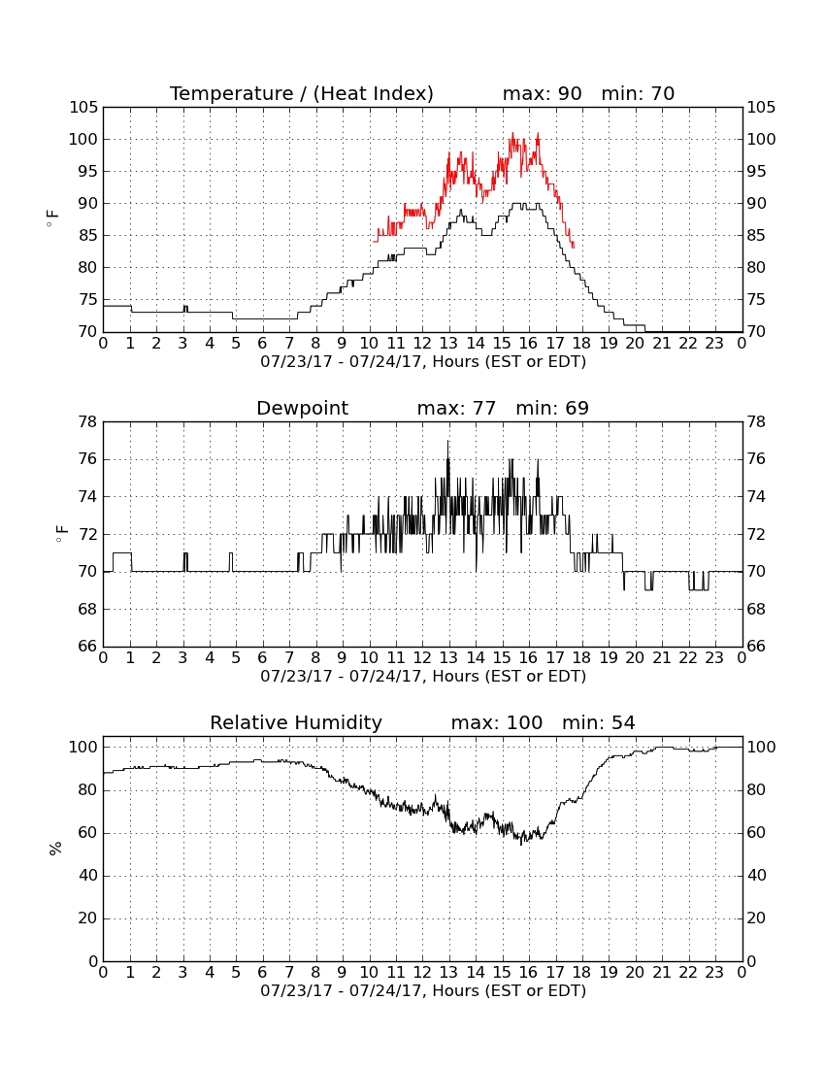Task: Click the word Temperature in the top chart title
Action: pos(231,94)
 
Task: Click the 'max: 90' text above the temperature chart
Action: pos(542,93)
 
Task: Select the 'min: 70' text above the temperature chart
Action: pos(638,93)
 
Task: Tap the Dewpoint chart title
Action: pos(302,409)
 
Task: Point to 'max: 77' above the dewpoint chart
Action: pos(456,409)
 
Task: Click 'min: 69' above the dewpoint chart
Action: pos(552,409)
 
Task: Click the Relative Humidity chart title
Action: pos(296,723)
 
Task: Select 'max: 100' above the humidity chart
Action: pos(497,722)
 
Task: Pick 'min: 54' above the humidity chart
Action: pos(598,722)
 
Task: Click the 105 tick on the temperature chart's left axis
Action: pos(83,108)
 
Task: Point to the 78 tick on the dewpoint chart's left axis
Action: pos(88,422)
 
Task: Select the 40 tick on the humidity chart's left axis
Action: pos(88,876)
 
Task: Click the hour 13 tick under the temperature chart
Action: pos(449,344)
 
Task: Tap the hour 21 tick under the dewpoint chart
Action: pos(662,658)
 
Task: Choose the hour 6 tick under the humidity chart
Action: pos(263,973)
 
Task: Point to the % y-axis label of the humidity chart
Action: pos(55,849)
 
